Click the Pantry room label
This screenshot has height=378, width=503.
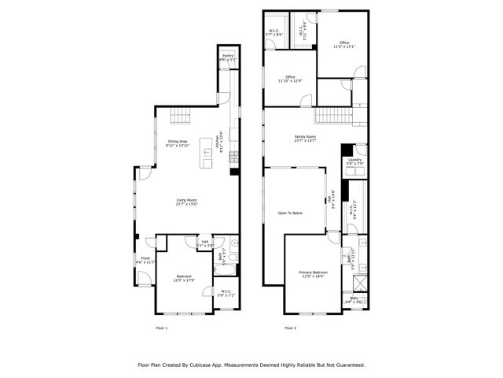[227, 57]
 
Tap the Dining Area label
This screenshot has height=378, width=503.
[178, 143]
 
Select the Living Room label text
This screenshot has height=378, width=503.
[185, 202]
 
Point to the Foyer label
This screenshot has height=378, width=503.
[145, 260]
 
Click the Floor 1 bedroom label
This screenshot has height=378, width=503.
[183, 278]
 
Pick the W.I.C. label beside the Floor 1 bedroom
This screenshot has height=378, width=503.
[226, 293]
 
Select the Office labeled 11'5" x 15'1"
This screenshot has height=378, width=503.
[344, 44]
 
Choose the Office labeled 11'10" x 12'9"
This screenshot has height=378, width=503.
[290, 79]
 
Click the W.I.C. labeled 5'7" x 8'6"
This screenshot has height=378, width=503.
[274, 33]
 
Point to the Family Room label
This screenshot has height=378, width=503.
[304, 139]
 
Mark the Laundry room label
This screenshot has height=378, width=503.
[354, 161]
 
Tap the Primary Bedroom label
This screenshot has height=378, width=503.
[313, 274]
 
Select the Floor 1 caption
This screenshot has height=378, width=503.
[161, 327]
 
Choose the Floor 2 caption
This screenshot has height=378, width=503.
[290, 327]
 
